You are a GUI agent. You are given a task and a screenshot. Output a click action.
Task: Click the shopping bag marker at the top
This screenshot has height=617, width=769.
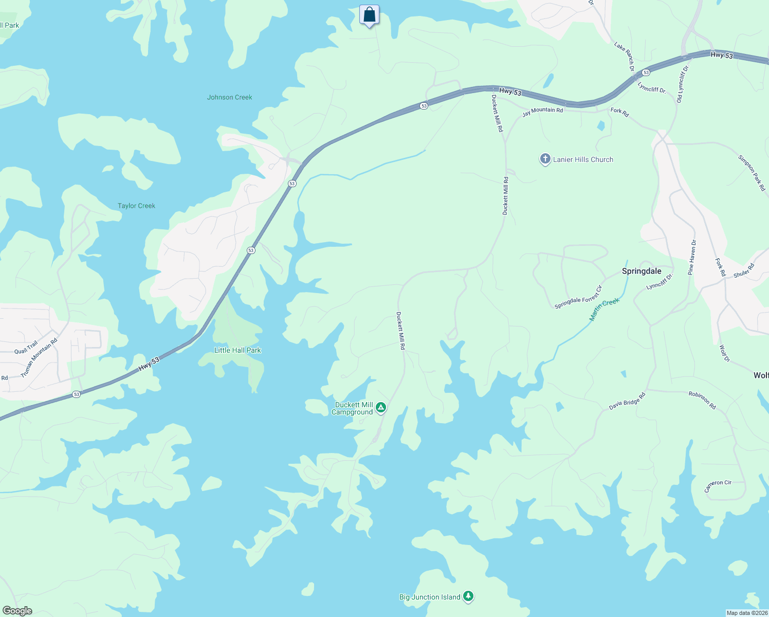369,15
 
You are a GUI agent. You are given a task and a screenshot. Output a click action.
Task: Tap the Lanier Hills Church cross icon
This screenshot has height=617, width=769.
545,159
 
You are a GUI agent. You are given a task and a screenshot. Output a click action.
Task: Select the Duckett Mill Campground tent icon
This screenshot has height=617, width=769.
381,408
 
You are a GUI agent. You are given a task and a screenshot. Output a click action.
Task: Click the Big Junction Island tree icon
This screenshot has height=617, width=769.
468,596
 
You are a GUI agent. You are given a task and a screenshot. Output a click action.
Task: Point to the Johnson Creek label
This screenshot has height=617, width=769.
229,97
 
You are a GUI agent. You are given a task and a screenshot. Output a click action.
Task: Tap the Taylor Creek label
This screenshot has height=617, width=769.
136,206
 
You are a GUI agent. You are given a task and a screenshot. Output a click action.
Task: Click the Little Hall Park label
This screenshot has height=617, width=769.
237,350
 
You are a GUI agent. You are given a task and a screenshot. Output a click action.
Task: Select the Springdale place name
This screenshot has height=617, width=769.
642,271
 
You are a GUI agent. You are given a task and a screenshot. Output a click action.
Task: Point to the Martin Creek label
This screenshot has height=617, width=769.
605,310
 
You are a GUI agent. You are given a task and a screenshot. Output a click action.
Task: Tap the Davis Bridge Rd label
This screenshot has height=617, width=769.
627,402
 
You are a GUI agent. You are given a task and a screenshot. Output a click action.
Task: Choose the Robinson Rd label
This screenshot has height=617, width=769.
702,400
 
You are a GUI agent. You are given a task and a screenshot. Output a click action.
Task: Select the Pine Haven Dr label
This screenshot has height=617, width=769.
692,257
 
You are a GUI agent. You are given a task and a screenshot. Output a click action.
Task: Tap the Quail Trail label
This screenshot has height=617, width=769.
26,348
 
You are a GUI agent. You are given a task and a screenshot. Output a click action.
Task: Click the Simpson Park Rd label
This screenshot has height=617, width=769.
752,173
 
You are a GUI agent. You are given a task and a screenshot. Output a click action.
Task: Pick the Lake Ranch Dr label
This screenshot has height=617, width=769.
625,57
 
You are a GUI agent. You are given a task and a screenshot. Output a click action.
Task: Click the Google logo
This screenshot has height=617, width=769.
17,611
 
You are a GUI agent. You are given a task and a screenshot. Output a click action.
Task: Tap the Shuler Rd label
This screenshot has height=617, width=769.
743,270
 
